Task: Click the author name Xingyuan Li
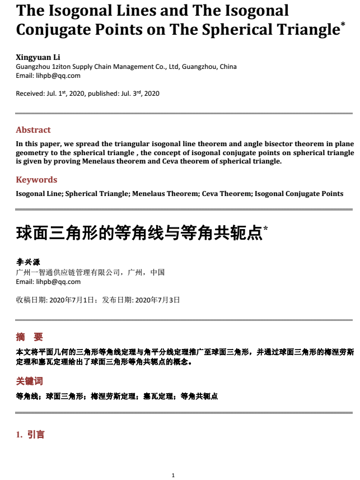[x=38, y=57]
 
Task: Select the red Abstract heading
[x=33, y=130]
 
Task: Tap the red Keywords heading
[x=36, y=180]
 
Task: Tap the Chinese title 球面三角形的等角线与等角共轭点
[x=139, y=233]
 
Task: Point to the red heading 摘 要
[x=30, y=337]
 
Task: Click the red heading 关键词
[x=30, y=381]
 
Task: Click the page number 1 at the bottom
[x=173, y=475]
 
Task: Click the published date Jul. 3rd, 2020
[x=140, y=94]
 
